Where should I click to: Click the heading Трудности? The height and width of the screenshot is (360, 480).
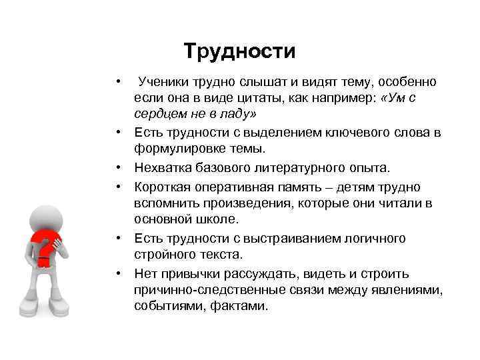tap(239, 51)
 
